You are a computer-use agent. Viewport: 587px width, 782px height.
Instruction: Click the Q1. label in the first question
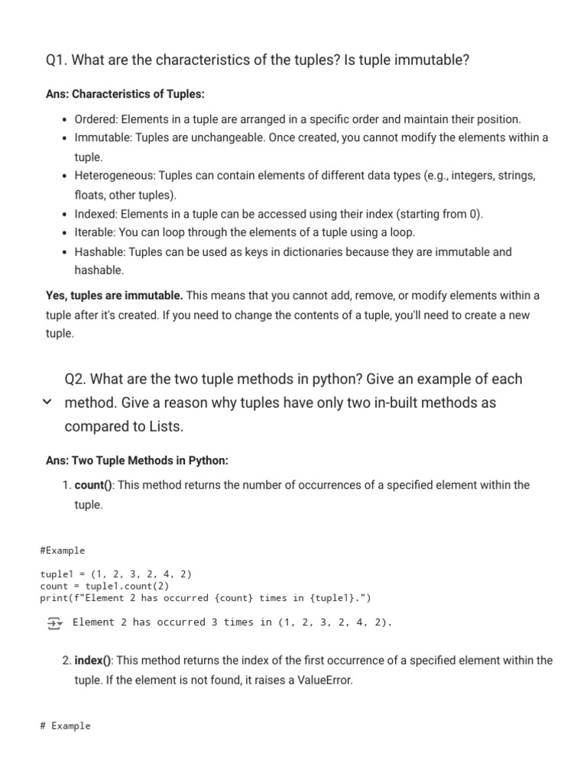coord(58,60)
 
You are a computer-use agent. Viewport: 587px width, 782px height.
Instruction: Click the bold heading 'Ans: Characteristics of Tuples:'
coord(125,94)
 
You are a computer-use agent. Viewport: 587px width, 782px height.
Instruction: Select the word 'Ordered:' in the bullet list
coord(96,119)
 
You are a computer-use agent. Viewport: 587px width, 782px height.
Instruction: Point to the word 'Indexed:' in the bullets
coord(96,214)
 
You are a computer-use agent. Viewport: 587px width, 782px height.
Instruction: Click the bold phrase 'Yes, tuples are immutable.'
coord(115,295)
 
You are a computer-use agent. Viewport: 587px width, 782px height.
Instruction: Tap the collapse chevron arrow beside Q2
coord(47,402)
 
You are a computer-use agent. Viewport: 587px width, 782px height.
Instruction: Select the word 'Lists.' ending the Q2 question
coord(166,426)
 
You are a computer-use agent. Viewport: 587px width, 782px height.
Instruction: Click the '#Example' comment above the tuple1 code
coord(62,550)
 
